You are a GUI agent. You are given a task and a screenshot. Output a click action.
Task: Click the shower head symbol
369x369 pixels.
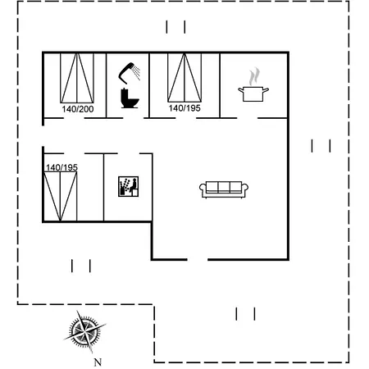click(126, 71)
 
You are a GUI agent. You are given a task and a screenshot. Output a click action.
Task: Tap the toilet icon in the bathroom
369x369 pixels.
click(130, 98)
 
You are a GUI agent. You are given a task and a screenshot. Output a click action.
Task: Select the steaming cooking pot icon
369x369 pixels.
click(253, 93)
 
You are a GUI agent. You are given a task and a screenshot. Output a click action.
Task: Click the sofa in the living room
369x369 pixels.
click(224, 189)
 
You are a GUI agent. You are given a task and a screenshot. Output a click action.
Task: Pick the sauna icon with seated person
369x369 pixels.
click(128, 186)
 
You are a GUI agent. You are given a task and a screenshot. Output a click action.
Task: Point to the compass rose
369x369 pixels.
click(84, 331)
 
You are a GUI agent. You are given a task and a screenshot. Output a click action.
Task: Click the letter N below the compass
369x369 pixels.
click(98, 362)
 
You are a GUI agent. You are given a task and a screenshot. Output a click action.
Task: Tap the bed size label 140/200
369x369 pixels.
click(78, 109)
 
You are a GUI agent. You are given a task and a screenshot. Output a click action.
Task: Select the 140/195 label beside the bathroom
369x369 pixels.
click(184, 108)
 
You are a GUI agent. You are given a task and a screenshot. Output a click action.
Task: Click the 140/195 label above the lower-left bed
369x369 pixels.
click(61, 167)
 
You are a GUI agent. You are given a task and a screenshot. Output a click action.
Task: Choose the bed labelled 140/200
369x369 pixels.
click(77, 78)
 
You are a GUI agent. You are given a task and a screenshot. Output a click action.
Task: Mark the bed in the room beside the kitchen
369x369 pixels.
click(184, 78)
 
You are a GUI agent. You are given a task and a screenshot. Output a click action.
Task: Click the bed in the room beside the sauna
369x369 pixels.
click(61, 196)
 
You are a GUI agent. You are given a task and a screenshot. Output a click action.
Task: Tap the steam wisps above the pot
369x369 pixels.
click(254, 76)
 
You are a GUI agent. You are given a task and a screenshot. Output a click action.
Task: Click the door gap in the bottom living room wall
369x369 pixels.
click(198, 259)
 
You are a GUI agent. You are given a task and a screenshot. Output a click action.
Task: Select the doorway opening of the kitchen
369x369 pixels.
click(248, 118)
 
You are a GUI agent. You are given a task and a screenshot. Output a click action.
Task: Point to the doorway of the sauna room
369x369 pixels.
click(129, 153)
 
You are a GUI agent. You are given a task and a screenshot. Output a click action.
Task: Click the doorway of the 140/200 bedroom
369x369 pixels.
click(74, 118)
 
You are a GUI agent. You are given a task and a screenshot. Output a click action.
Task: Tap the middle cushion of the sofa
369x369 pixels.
click(224, 187)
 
